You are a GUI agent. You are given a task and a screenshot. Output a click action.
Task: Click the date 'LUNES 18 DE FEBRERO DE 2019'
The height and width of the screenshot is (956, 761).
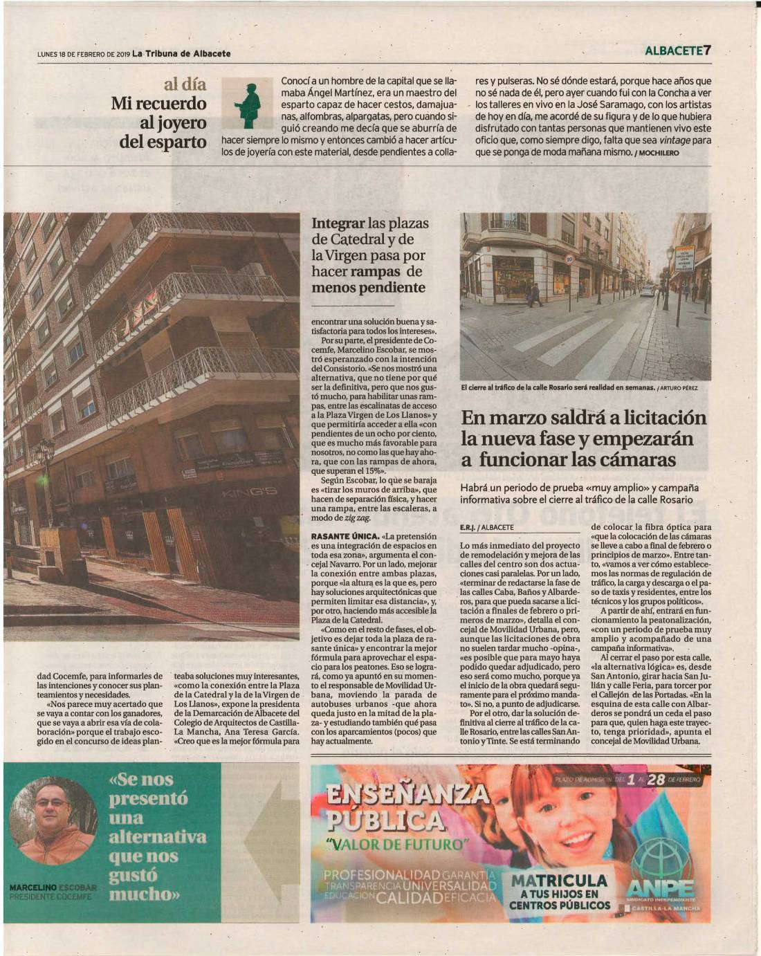[x=84, y=54]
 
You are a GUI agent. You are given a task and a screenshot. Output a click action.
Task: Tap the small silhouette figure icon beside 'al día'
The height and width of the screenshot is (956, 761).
[x=248, y=104]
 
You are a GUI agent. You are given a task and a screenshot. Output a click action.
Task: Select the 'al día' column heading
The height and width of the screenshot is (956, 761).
[x=185, y=84]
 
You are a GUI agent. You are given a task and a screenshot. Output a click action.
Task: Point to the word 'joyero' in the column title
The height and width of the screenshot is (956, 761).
[x=183, y=123]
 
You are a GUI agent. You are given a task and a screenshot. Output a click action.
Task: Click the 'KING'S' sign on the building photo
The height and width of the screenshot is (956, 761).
[x=250, y=492]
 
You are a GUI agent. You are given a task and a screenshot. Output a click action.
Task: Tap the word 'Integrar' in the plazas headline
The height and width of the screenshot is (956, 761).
[x=338, y=223]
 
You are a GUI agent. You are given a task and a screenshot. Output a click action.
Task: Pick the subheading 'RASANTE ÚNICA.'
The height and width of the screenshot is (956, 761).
[x=345, y=536]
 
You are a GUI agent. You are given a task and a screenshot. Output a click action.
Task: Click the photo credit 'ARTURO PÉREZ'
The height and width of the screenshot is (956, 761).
[x=679, y=387]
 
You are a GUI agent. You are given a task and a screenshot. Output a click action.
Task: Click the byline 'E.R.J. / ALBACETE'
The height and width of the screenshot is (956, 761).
[x=487, y=526]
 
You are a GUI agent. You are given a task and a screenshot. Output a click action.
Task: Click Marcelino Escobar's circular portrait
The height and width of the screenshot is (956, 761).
[x=53, y=813]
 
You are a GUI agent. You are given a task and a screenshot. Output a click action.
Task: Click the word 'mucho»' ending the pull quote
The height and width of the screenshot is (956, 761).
[x=145, y=893]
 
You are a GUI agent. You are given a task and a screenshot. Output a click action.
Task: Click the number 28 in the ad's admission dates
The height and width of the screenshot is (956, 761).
[x=656, y=780]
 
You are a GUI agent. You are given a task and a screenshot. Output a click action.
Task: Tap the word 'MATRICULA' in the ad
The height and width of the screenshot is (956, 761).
[x=559, y=881]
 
